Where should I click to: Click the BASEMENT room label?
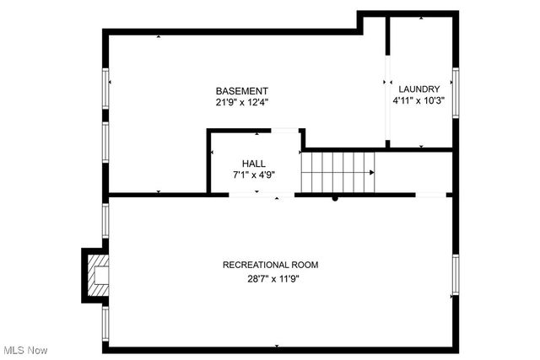pyautogui.click(x=241, y=91)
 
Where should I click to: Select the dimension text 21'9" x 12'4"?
pyautogui.click(x=241, y=103)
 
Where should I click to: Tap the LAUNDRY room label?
pyautogui.click(x=419, y=89)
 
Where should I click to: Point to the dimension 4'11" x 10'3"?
pyautogui.click(x=419, y=100)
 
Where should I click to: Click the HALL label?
pyautogui.click(x=254, y=163)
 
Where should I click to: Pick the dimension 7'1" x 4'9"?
pyautogui.click(x=254, y=175)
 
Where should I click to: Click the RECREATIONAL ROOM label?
pyautogui.click(x=270, y=265)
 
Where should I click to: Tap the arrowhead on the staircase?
pyautogui.click(x=371, y=172)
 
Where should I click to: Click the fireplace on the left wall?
pyautogui.click(x=95, y=274)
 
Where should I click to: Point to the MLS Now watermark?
pyautogui.click(x=24, y=350)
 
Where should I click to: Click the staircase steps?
pyautogui.click(x=336, y=172)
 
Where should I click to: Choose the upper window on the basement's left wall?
pyautogui.click(x=106, y=88)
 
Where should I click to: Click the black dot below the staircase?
pyautogui.click(x=335, y=199)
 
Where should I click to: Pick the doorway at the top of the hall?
pyautogui.click(x=284, y=130)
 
